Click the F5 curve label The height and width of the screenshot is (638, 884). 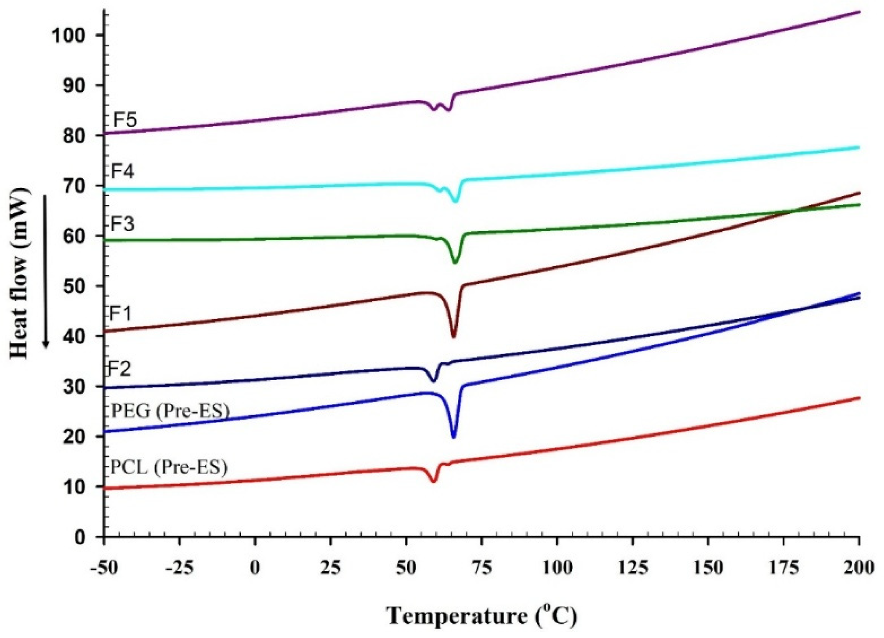125,120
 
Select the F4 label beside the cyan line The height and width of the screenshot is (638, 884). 122,171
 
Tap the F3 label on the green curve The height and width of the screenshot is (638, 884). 122,224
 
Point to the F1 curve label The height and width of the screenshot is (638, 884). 120,314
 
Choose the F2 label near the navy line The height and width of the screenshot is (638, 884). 120,369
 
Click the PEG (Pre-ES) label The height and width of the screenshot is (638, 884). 171,411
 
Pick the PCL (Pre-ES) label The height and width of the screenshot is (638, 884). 169,467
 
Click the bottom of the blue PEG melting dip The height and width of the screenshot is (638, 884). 453,437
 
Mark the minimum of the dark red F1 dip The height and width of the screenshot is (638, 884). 453,336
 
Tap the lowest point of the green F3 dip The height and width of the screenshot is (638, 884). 455,262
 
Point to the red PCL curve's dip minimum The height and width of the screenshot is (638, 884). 434,481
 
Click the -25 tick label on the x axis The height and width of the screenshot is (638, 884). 179,568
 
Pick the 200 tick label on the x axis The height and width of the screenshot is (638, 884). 858,568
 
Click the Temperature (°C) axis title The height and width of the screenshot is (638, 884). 481,616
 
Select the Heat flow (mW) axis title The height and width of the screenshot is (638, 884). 20,273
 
